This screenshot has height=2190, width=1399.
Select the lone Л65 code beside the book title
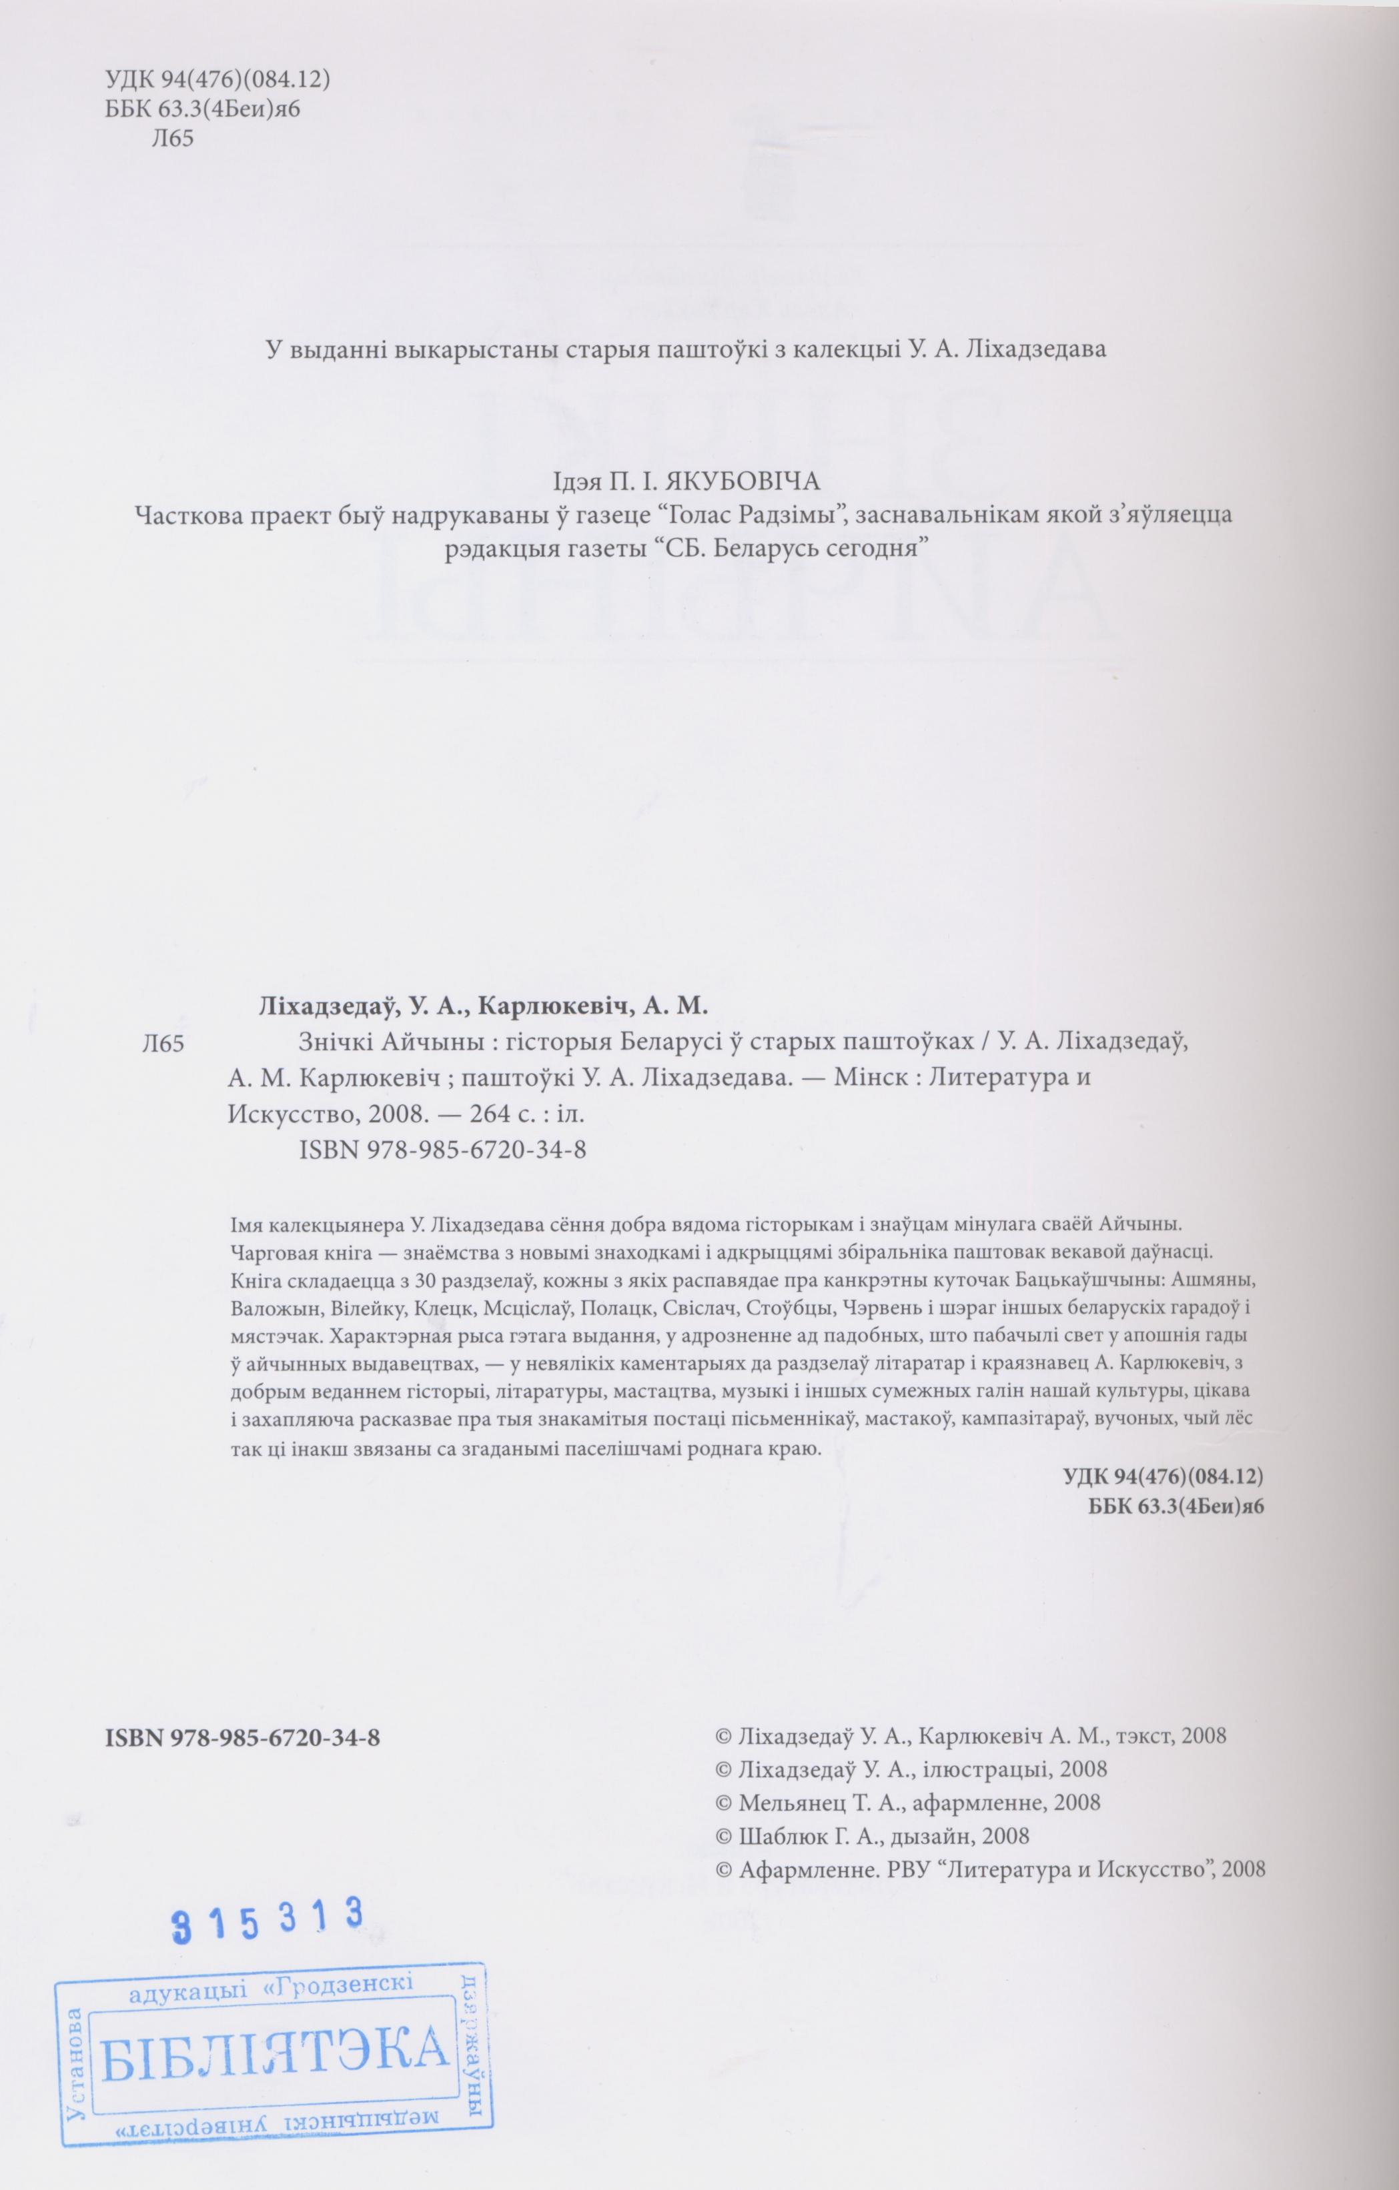tap(165, 1045)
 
